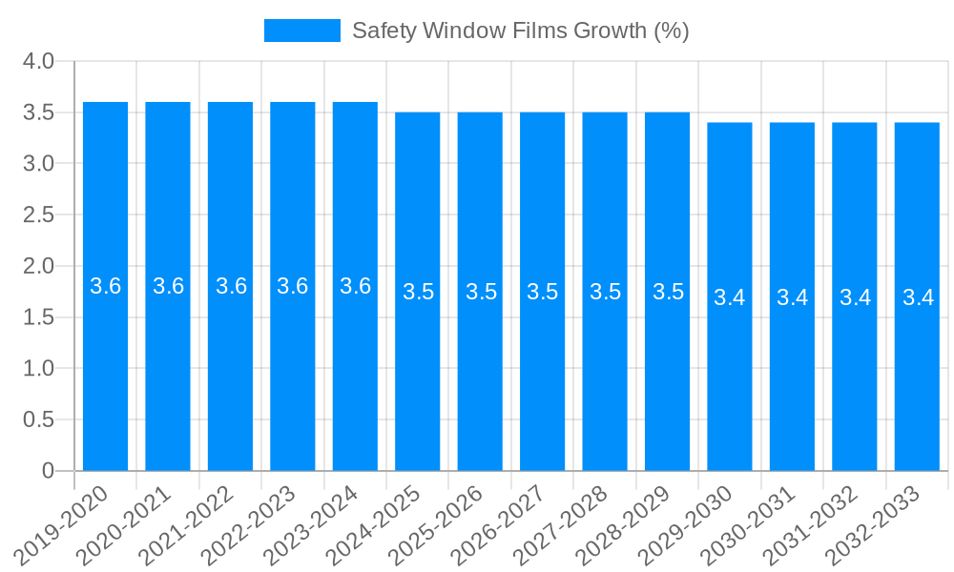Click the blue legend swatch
click(x=301, y=31)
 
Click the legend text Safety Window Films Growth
click(x=520, y=31)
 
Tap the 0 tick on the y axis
click(x=49, y=471)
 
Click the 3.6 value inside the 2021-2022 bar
click(x=231, y=286)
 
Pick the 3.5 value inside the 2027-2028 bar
click(x=605, y=292)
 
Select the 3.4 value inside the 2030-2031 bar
click(x=792, y=297)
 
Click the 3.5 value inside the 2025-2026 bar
click(x=481, y=292)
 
